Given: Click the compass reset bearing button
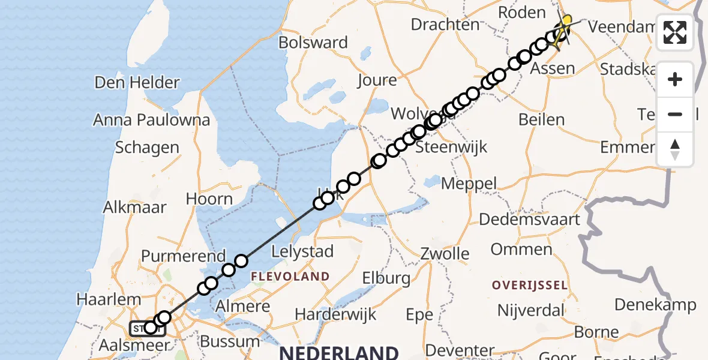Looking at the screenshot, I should (675, 149).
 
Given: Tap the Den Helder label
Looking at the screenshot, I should (137, 82).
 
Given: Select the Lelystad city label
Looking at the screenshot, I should (302, 251).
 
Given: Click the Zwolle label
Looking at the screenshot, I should (445, 253).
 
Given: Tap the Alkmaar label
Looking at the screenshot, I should (134, 208).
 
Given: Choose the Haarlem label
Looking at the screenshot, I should (109, 299).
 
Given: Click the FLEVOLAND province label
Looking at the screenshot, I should (290, 277).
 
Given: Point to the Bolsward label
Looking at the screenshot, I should (313, 43).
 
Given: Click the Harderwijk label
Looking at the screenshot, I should (335, 314).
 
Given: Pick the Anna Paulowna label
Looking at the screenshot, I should (151, 119).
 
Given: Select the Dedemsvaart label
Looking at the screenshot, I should (530, 219).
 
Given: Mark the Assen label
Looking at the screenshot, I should (553, 68).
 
